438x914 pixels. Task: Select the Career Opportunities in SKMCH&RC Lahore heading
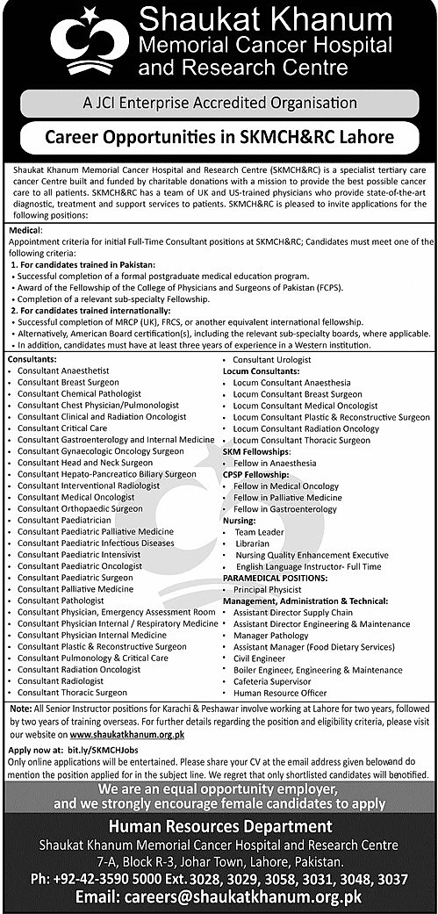(x=219, y=137)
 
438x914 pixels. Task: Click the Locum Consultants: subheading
(x=262, y=371)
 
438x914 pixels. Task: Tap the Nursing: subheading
(x=240, y=520)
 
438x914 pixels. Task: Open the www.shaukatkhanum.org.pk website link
(x=126, y=732)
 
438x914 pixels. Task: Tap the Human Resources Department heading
(x=219, y=826)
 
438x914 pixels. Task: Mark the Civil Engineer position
(x=260, y=658)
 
